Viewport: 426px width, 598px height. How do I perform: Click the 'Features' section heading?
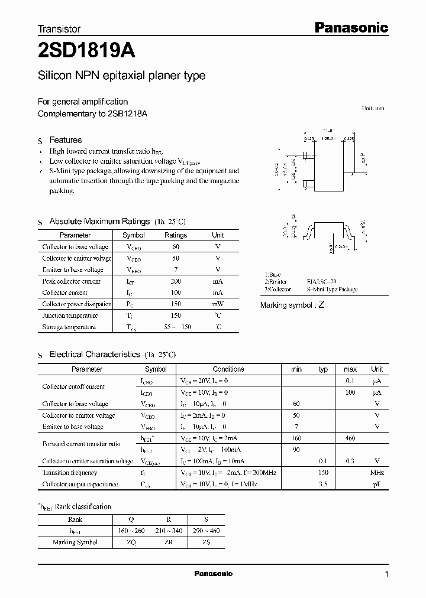pyautogui.click(x=65, y=140)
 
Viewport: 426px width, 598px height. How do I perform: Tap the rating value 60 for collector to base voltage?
pyautogui.click(x=175, y=246)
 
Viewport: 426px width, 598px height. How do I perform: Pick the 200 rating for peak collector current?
pyautogui.click(x=175, y=281)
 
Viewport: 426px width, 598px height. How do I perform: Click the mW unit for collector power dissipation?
pyautogui.click(x=218, y=304)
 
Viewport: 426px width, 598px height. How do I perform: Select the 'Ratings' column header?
pyautogui.click(x=175, y=235)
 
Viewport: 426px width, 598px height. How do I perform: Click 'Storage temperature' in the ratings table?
pyautogui.click(x=69, y=327)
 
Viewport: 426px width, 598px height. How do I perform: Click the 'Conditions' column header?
pyautogui.click(x=228, y=369)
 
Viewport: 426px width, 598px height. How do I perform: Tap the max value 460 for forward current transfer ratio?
pyautogui.click(x=350, y=438)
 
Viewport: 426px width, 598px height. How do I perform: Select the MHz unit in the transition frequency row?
pyautogui.click(x=377, y=473)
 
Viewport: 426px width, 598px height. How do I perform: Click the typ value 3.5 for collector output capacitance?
pyautogui.click(x=323, y=484)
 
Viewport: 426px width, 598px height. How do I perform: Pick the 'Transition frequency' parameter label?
pyautogui.click(x=69, y=473)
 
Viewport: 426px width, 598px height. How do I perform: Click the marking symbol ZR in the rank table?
pyautogui.click(x=169, y=542)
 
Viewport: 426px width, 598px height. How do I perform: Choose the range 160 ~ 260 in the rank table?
pyautogui.click(x=131, y=531)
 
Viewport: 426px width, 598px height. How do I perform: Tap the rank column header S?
pyautogui.click(x=205, y=519)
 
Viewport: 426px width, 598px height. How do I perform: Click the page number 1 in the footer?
pyautogui.click(x=386, y=574)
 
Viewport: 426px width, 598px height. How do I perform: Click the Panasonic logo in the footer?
pyautogui.click(x=214, y=574)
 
